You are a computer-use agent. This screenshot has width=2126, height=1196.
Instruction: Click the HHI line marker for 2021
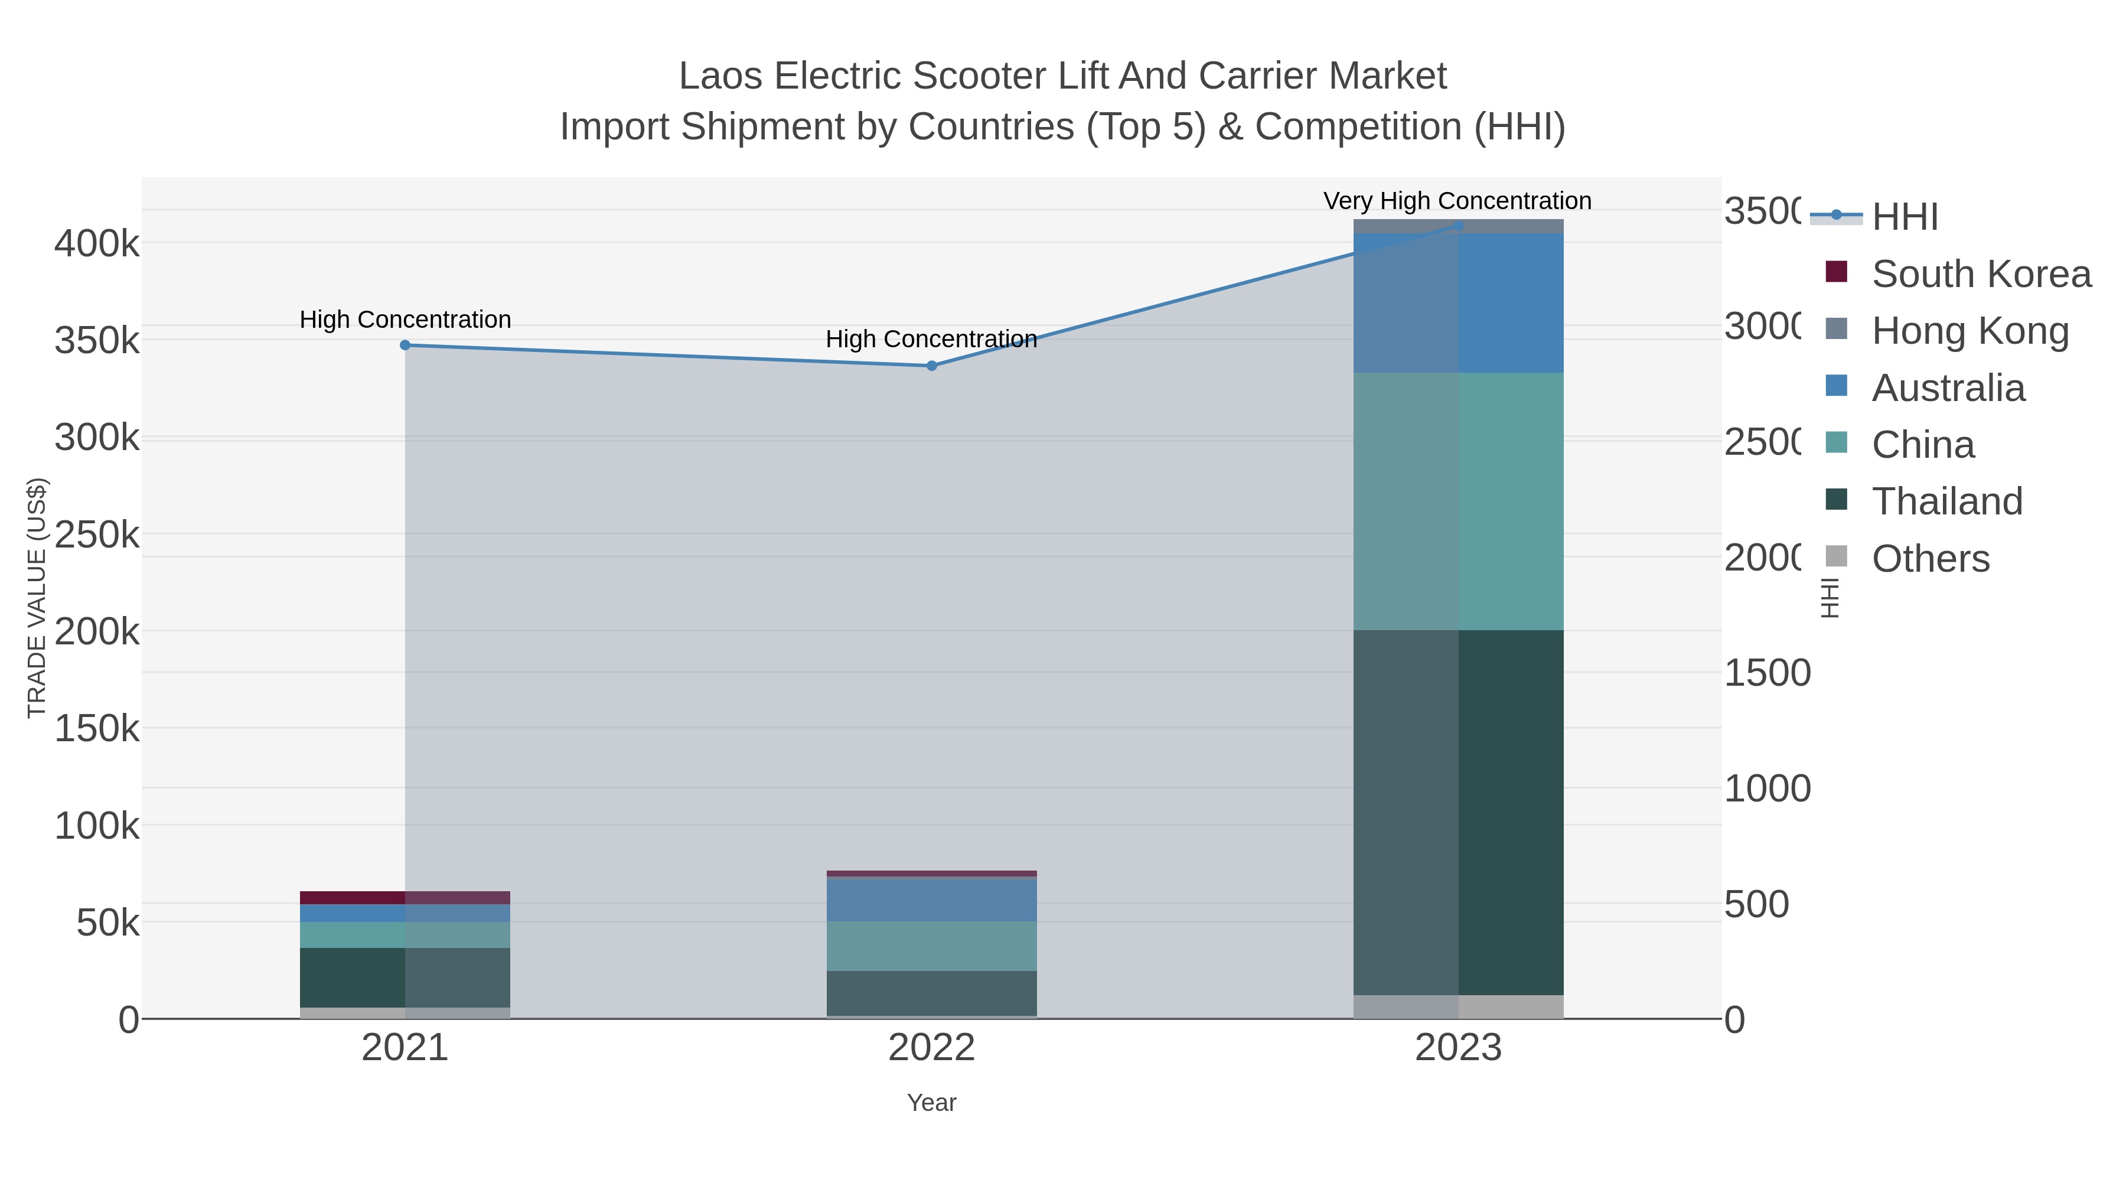(x=405, y=345)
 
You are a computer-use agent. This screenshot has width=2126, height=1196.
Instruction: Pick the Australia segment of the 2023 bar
(x=1458, y=303)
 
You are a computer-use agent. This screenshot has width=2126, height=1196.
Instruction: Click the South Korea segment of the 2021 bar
(x=405, y=897)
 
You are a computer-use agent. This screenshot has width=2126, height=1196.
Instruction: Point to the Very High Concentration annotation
(x=1457, y=201)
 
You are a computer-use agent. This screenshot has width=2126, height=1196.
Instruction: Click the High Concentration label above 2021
(x=405, y=320)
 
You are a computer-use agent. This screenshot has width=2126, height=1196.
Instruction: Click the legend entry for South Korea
(x=1981, y=274)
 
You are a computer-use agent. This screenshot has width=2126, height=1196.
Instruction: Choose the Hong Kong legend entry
(x=1970, y=331)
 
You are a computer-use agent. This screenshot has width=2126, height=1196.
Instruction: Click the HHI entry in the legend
(x=1904, y=217)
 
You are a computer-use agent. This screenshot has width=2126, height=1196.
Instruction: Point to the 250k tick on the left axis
(x=97, y=535)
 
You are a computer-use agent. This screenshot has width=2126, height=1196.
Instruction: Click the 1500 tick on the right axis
(x=1767, y=673)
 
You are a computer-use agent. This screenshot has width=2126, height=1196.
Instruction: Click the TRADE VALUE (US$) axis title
(x=37, y=598)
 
